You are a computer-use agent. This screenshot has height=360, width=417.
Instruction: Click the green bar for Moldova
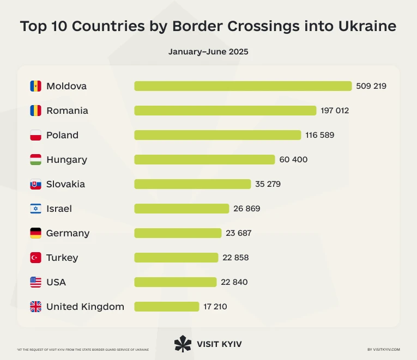[243, 86]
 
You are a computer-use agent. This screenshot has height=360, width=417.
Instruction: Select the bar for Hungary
[204, 160]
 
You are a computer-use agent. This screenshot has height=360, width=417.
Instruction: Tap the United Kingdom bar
[166, 307]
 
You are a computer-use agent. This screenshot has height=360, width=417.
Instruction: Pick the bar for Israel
[182, 209]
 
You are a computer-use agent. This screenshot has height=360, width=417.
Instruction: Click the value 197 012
[335, 111]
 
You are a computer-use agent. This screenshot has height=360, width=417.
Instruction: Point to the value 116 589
[319, 135]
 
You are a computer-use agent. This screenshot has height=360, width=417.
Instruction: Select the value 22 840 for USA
[235, 282]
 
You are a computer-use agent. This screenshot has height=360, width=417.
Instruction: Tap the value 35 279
[268, 184]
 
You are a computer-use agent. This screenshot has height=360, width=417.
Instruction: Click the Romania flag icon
[35, 111]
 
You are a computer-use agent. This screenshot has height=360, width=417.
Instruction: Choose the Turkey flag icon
[35, 258]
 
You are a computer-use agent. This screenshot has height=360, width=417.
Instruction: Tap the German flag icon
[35, 233]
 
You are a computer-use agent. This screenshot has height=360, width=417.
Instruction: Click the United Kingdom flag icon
[35, 307]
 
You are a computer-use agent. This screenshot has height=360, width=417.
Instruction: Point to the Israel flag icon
[35, 209]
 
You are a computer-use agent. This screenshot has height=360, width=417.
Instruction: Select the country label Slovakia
[65, 184]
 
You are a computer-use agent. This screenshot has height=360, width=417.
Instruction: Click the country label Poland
[62, 135]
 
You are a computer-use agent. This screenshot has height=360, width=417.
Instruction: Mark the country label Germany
[68, 233]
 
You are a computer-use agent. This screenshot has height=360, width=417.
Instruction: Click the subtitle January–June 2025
[208, 52]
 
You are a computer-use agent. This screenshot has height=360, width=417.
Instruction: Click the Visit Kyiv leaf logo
[183, 344]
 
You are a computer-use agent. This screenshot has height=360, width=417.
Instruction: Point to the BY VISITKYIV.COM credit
[384, 350]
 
